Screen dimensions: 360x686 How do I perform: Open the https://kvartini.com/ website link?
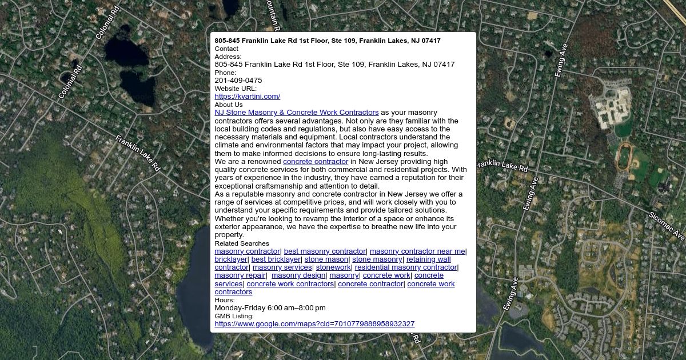pos(247,97)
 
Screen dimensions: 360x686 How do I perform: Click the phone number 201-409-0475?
pos(238,81)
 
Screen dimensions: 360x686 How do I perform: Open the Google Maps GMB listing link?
pos(314,324)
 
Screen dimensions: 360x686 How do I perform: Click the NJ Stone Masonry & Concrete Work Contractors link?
pos(296,113)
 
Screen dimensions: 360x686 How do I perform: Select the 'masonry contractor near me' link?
pos(417,251)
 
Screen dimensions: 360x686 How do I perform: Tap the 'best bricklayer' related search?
pos(276,259)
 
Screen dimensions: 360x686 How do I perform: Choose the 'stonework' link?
pos(333,267)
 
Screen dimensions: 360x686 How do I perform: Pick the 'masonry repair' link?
pos(240,275)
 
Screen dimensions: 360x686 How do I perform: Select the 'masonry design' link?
pos(298,275)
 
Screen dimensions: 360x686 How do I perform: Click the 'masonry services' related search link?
pos(282,267)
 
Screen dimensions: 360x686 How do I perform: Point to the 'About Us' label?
pos(229,105)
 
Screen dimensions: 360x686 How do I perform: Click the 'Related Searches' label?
pos(242,243)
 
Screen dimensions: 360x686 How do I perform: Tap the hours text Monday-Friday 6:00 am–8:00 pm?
pos(270,308)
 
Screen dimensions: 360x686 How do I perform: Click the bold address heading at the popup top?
pos(328,41)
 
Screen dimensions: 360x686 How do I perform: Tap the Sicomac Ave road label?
pos(667,226)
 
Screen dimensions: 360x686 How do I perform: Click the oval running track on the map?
pos(623,156)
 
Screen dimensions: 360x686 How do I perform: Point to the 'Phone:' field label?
pos(225,73)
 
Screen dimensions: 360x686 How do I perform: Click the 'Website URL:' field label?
pos(236,89)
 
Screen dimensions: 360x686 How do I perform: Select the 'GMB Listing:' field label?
pos(234,316)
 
